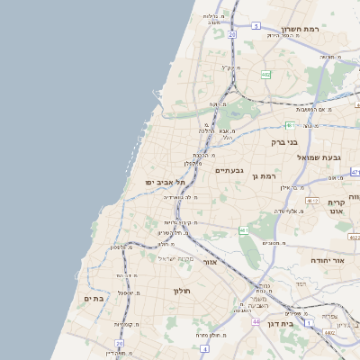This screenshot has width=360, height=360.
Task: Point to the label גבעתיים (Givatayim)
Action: click(229, 170)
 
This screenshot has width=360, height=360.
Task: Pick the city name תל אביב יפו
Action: click(164, 182)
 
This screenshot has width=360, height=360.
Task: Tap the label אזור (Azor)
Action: click(211, 262)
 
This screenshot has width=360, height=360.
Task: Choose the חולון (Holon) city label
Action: click(176, 291)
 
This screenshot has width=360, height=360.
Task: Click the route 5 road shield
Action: click(256, 26)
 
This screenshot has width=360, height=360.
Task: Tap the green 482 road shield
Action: click(265, 75)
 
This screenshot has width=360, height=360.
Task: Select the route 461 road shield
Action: click(244, 230)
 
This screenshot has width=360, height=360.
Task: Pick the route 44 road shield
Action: click(256, 320)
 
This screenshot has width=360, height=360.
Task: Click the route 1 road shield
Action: click(308, 322)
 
